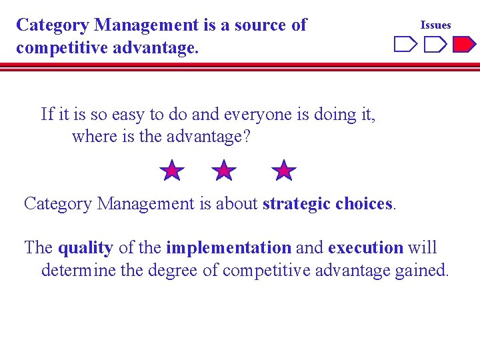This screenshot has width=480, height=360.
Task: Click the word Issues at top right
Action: (435, 25)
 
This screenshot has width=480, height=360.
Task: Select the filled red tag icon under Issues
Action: (464, 45)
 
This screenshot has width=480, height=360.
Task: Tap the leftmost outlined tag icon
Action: (405, 45)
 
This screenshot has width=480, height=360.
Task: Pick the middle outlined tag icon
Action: (435, 45)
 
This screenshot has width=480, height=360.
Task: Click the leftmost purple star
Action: (172, 171)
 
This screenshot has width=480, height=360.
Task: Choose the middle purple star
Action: (224, 171)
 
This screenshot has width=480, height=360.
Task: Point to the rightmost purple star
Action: (285, 171)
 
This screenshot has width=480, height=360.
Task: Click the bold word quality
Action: (85, 248)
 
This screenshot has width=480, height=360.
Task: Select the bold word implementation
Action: (229, 248)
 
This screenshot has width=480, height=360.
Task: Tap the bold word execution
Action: (365, 248)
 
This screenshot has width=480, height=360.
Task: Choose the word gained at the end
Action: (425, 271)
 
